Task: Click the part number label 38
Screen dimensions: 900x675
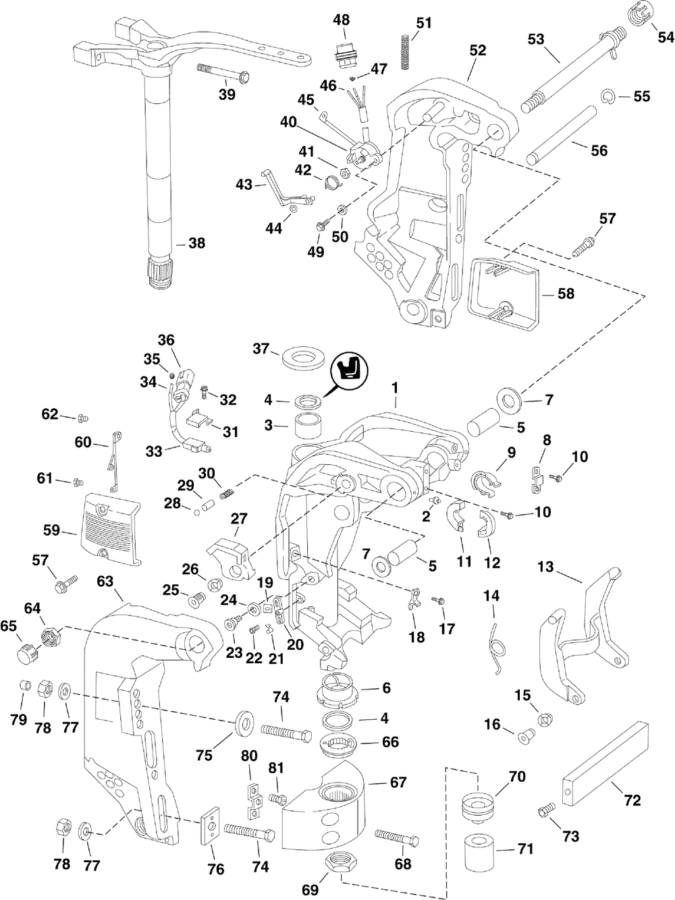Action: click(196, 243)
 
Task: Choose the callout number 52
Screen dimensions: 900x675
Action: click(478, 50)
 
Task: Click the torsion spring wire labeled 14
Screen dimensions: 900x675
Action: click(497, 646)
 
